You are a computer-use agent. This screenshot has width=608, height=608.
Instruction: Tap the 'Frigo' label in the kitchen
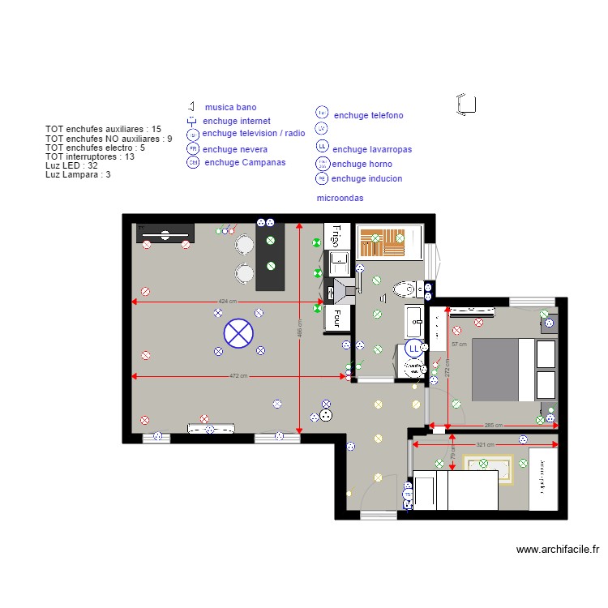[333, 236]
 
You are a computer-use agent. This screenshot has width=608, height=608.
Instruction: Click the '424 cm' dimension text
[228, 301]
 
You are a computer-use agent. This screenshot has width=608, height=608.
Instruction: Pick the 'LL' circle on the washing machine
[413, 349]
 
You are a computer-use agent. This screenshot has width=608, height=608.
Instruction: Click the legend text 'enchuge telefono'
[368, 116]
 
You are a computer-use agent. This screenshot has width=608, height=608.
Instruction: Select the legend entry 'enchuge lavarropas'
[372, 149]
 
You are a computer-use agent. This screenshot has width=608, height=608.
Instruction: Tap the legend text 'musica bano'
[230, 107]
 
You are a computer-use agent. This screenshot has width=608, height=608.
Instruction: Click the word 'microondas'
[340, 198]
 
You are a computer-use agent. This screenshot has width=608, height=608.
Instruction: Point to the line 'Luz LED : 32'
[71, 165]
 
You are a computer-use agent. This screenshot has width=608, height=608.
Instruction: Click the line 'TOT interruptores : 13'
[89, 156]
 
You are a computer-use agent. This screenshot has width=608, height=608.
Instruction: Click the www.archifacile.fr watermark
[557, 549]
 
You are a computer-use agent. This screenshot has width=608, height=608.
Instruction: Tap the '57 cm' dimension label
[458, 345]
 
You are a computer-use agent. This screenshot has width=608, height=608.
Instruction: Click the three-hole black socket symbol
[326, 414]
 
